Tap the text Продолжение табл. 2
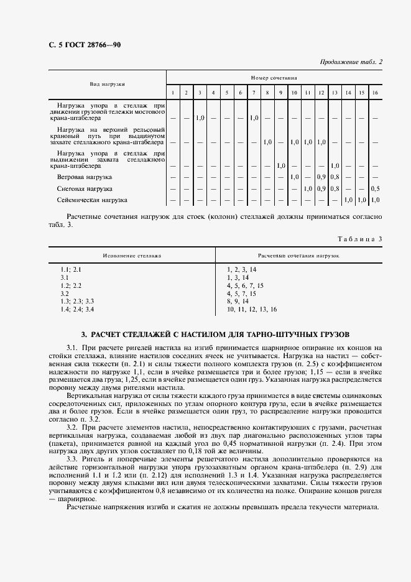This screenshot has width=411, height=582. click(x=351, y=62)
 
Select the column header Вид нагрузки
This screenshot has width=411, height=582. click(x=108, y=83)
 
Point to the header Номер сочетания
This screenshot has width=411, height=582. click(x=274, y=78)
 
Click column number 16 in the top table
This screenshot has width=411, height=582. click(x=374, y=93)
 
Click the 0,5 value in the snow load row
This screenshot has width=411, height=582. click(x=374, y=188)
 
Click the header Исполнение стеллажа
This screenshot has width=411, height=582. click(x=132, y=255)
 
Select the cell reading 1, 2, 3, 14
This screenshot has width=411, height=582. click(x=241, y=269)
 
